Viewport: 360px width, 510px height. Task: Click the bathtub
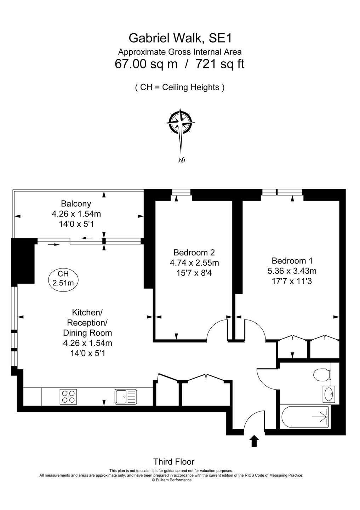(x=305, y=417)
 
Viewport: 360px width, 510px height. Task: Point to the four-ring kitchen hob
(x=68, y=397)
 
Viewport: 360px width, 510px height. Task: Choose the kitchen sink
(x=126, y=397)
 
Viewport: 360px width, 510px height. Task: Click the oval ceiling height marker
(x=63, y=278)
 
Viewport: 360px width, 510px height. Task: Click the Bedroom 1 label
(x=292, y=260)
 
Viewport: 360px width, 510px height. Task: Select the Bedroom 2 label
(x=194, y=252)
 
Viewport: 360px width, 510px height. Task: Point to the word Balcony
(x=76, y=203)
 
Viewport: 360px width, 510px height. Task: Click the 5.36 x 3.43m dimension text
(x=292, y=271)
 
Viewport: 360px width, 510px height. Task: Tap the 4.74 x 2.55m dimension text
(x=194, y=263)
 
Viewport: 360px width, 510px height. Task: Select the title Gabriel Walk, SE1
(x=180, y=38)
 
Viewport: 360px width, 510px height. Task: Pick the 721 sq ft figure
(x=220, y=64)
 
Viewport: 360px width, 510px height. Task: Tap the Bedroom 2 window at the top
(x=181, y=192)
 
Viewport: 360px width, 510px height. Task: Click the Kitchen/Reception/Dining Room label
(x=87, y=323)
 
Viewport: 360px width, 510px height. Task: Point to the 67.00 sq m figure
(x=146, y=64)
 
